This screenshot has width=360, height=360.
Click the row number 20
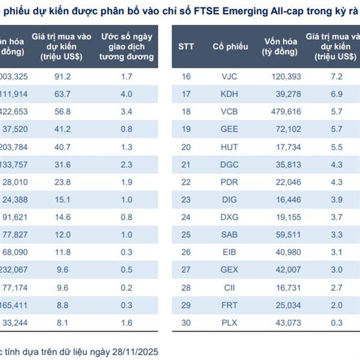coord(185,147)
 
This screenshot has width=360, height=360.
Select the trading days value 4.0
coord(126,94)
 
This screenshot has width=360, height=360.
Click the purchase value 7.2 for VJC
coord(336,77)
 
